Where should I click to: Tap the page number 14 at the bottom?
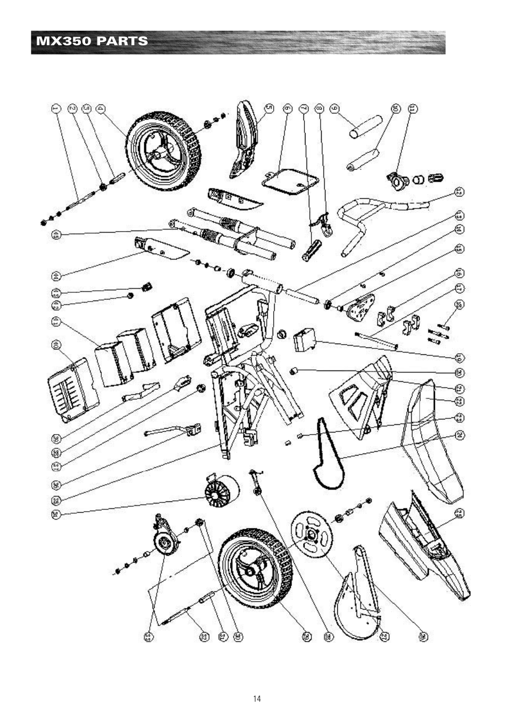click(257, 699)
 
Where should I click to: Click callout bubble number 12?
click(459, 192)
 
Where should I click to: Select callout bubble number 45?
click(55, 234)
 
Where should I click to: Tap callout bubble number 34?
click(55, 515)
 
